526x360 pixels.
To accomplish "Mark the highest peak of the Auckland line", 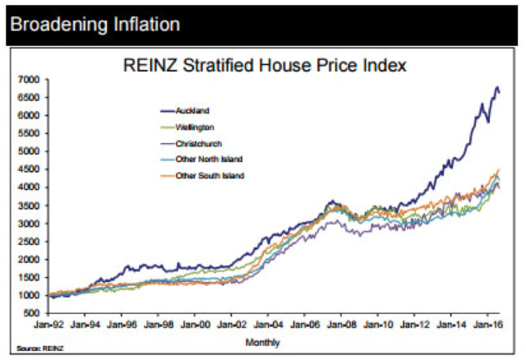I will click(x=496, y=87).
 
